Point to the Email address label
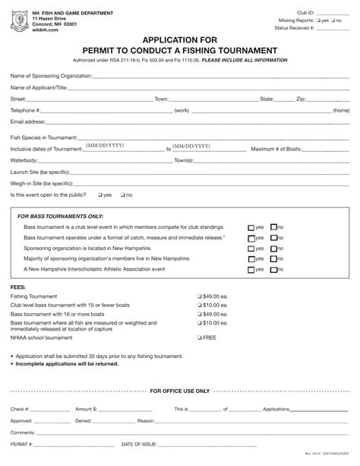(x=27, y=122)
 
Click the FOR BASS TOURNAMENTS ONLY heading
(x=60, y=217)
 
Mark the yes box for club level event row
(x=251, y=227)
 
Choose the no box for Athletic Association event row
(x=273, y=270)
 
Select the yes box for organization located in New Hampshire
(x=251, y=249)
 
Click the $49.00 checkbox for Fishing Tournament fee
(x=200, y=296)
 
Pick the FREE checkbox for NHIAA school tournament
(x=200, y=337)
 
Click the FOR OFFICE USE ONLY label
(x=180, y=391)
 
